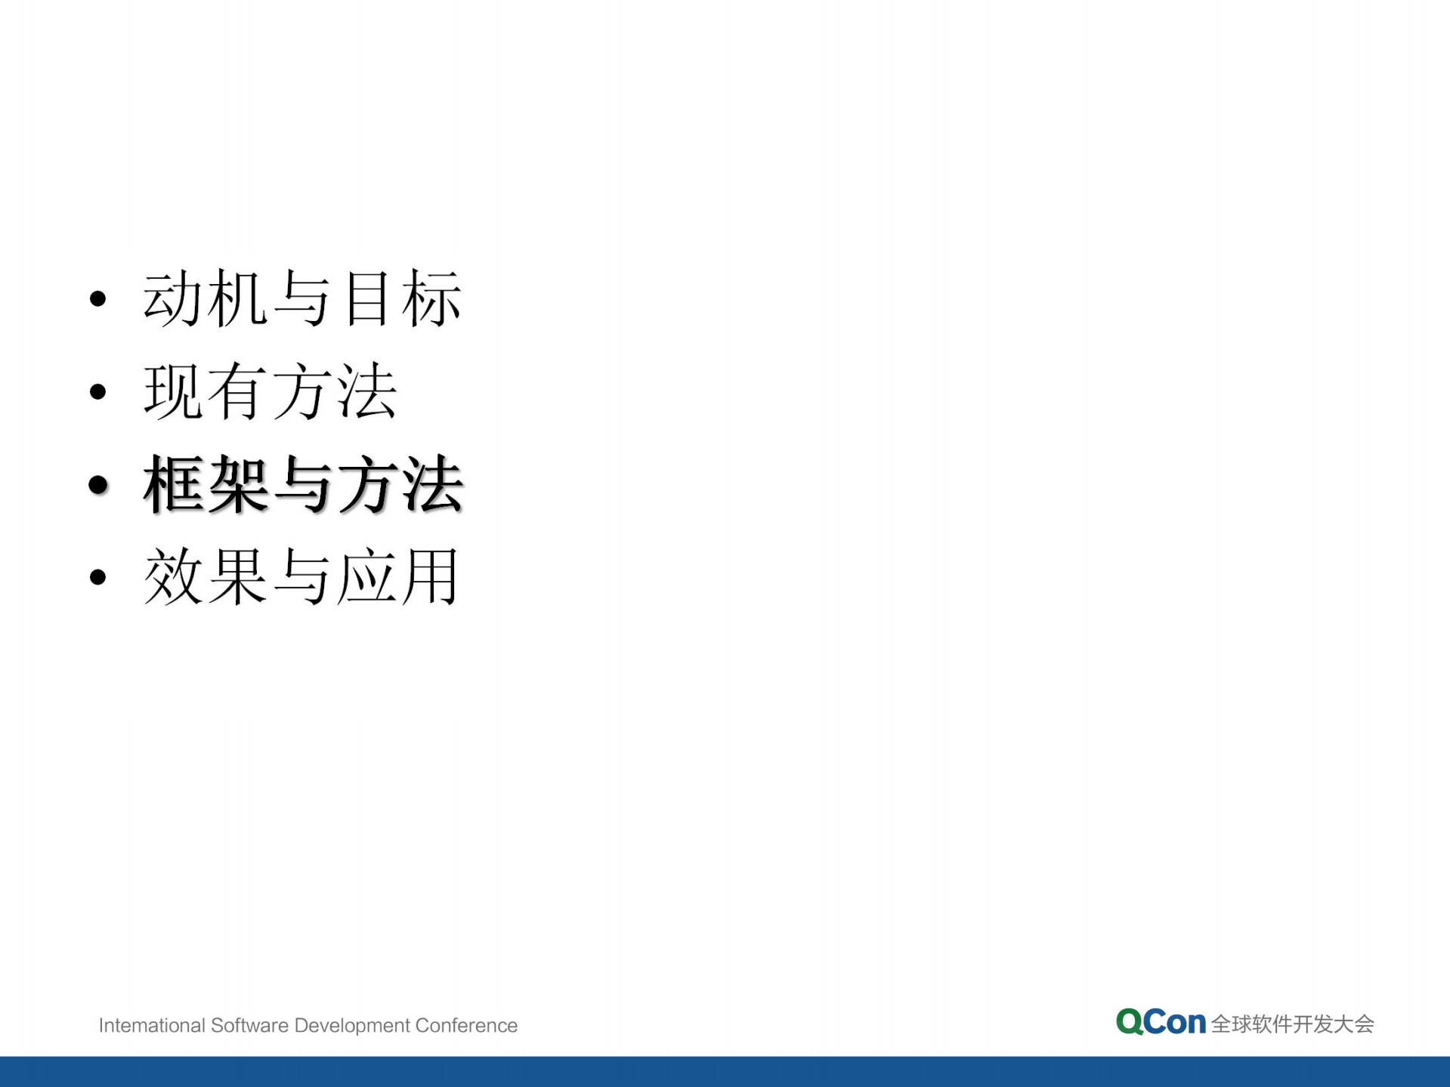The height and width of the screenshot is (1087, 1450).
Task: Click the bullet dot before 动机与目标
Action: coord(97,299)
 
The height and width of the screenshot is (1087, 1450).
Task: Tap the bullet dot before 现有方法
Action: coord(97,391)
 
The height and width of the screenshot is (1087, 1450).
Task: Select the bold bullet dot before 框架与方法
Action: coord(98,485)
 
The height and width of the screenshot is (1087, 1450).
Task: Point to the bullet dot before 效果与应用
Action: coord(97,578)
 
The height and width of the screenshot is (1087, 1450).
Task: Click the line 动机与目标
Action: coord(302,299)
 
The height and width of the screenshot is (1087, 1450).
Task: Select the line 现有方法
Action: coord(270,391)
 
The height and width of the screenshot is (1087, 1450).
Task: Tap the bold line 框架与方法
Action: coord(302,485)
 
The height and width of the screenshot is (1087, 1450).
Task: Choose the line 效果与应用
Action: coord(302,578)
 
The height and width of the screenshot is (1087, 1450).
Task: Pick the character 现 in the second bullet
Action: coord(173,391)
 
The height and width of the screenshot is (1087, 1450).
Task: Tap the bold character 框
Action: coord(174,485)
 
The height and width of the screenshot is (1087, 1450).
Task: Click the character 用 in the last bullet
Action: coord(431,578)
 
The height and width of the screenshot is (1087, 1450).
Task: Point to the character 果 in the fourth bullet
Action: coord(237,578)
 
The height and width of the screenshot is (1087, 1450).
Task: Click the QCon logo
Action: coord(1161,1022)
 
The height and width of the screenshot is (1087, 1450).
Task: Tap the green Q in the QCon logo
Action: coord(1129,1022)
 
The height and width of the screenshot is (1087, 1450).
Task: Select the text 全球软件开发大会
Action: coord(1292,1024)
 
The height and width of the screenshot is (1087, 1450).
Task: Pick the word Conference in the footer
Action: coord(466,1025)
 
